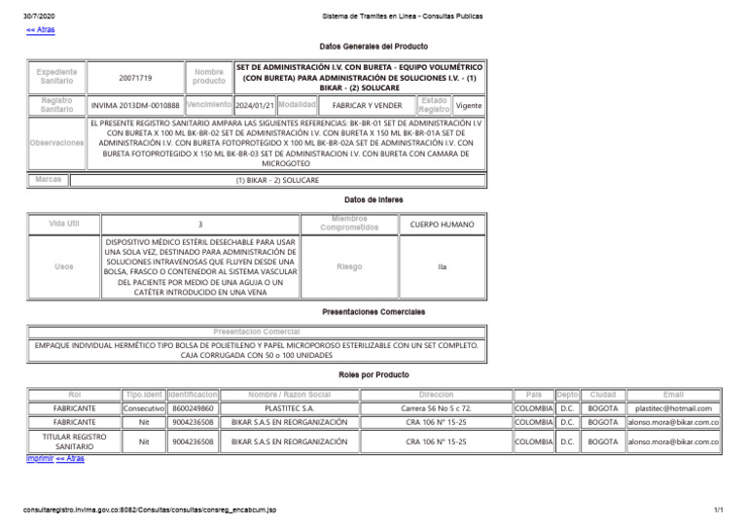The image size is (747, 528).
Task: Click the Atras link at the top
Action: coord(40,30)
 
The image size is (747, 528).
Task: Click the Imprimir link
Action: coord(39,458)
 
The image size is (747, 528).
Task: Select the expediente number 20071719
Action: coord(135,77)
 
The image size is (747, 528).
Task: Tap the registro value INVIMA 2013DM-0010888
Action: coord(135,105)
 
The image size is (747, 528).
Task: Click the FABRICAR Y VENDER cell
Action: coord(367,105)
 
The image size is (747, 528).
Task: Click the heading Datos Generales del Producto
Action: coord(373,46)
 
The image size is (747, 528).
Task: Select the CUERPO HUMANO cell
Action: coord(443,225)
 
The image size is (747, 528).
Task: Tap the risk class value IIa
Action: coord(443,266)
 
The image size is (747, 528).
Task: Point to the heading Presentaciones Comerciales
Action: coord(373,312)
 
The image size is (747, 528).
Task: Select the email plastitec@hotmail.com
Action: coord(673,408)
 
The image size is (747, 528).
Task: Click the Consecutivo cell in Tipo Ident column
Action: coord(144,408)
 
